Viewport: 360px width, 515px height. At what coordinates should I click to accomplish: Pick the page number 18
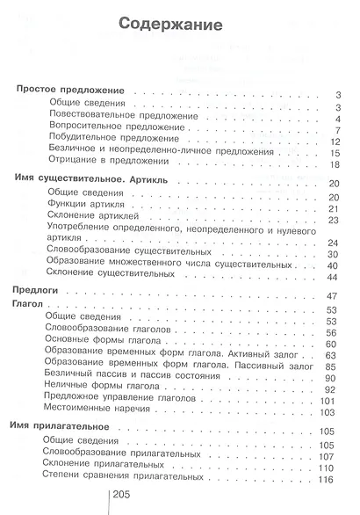tap(334, 165)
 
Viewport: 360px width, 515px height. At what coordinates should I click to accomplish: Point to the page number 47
tap(333, 294)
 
